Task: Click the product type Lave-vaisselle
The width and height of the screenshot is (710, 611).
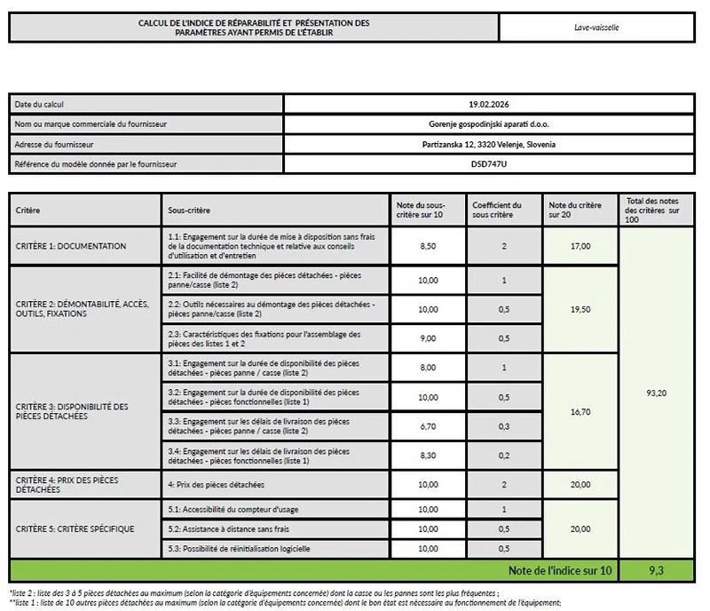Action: (x=596, y=28)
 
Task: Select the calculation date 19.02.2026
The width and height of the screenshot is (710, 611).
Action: (x=491, y=104)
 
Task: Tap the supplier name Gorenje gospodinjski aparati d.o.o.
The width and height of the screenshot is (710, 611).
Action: (x=491, y=123)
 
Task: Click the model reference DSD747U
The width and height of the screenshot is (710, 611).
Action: (x=491, y=164)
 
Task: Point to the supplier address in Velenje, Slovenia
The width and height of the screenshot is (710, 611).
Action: (x=491, y=144)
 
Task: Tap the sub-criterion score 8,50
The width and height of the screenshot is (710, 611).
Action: (x=428, y=246)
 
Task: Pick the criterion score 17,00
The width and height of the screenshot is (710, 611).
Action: (x=580, y=246)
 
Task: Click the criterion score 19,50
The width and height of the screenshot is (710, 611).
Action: (x=580, y=309)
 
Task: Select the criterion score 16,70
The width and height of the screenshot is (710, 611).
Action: (x=580, y=412)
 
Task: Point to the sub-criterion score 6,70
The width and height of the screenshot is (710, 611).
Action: (x=428, y=426)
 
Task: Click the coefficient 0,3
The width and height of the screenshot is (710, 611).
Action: (x=504, y=426)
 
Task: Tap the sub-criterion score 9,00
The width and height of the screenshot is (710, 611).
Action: (x=428, y=337)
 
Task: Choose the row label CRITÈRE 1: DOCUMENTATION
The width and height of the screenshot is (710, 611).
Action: (x=70, y=246)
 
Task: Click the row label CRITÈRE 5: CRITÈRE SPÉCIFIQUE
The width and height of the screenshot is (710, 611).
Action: (x=75, y=529)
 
